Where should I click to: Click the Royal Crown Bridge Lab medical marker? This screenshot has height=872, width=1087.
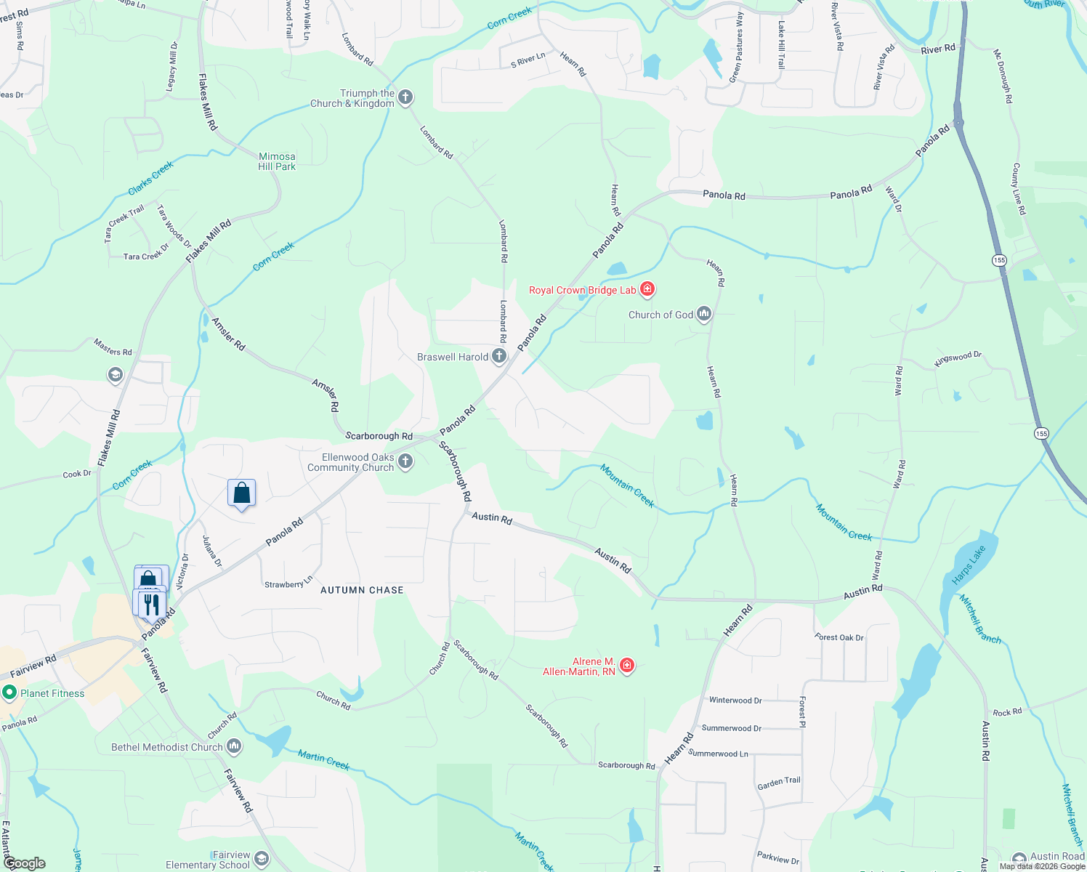point(647,290)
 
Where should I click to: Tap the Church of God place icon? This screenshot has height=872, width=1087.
point(703,315)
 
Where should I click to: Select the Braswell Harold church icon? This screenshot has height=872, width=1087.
point(499,356)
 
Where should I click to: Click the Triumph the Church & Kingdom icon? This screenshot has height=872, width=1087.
point(405,97)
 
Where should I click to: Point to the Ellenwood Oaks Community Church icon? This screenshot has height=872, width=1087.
point(405,461)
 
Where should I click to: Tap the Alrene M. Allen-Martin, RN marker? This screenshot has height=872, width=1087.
point(627,666)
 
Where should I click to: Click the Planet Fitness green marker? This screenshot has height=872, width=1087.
point(9,693)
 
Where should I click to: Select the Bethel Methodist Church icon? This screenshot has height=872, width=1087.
point(234,746)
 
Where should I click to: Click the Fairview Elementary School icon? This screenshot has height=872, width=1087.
point(262,860)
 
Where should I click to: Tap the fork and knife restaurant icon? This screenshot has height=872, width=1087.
point(151,603)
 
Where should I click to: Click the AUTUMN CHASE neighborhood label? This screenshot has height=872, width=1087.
point(362,590)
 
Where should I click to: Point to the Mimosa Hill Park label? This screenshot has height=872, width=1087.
point(277,161)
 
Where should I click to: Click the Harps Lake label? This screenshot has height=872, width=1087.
point(969,565)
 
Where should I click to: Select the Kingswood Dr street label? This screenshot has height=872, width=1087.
point(958,358)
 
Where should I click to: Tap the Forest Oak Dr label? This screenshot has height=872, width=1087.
point(839,637)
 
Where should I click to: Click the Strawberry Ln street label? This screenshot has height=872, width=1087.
point(288,584)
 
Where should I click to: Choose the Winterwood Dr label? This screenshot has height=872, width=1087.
point(735,701)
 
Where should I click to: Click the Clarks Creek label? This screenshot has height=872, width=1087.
point(151,178)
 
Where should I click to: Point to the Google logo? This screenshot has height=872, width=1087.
point(25,863)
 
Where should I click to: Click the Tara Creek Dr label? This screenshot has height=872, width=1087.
point(146,256)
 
